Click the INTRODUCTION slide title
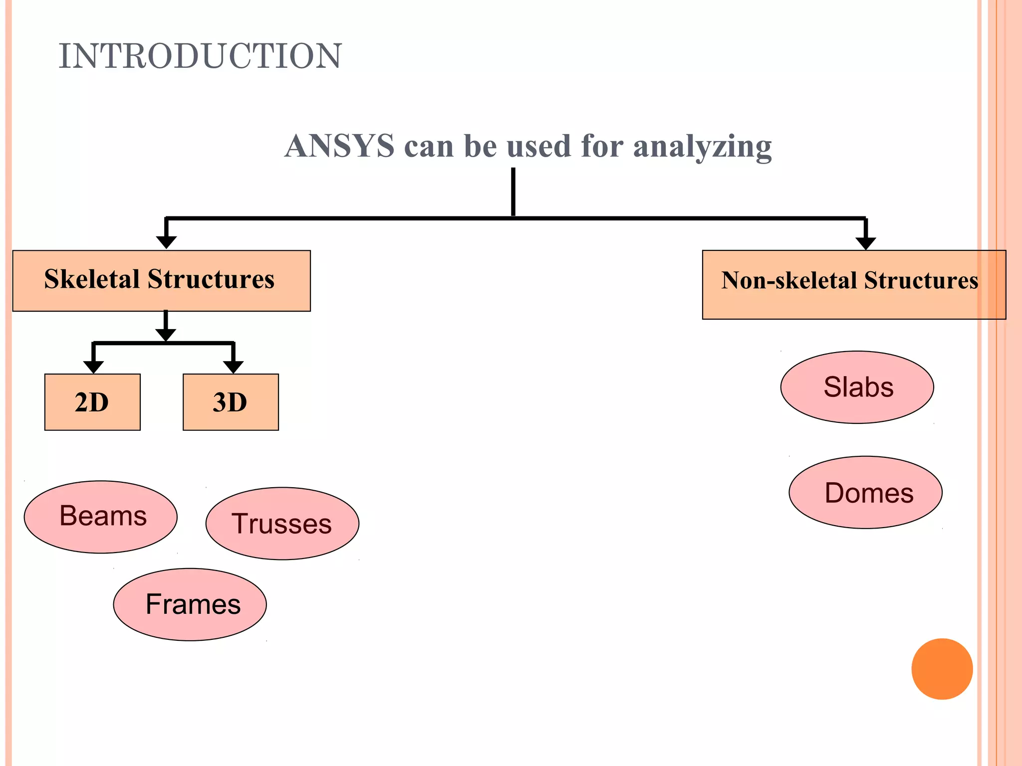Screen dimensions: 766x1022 [x=200, y=56]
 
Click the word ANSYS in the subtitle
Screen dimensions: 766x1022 [x=339, y=146]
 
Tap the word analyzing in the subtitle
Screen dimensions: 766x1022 [x=702, y=147]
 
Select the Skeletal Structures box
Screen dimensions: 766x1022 [x=161, y=281]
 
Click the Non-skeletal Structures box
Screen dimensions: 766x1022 [x=853, y=285]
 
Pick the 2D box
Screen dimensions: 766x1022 [x=92, y=402]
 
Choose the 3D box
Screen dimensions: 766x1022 [x=231, y=402]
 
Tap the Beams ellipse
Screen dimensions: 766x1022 [x=101, y=517]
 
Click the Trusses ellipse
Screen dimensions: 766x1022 [x=282, y=524]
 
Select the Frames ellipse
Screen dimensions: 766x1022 [x=190, y=604]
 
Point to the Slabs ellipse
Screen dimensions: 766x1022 [x=857, y=387]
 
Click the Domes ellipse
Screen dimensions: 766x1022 [x=865, y=493]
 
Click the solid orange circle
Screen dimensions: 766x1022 [x=942, y=669]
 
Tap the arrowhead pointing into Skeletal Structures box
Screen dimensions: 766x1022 [x=166, y=242]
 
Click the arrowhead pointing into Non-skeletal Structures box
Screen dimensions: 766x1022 [x=866, y=243]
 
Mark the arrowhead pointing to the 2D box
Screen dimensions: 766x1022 [x=93, y=367]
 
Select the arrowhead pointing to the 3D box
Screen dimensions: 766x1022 [x=233, y=367]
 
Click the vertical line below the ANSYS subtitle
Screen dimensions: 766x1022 [x=513, y=192]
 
